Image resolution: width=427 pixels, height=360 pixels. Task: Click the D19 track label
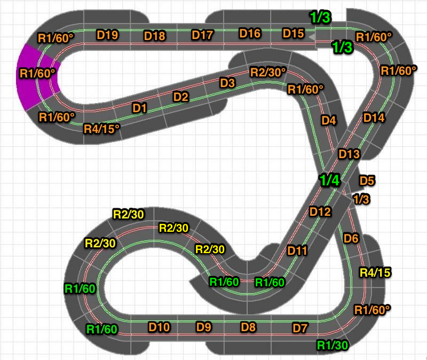(x=108, y=35)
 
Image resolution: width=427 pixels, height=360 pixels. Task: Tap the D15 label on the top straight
(x=293, y=33)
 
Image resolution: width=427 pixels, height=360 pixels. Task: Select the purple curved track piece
(x=37, y=77)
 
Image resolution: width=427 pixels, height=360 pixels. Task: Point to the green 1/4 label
(x=329, y=180)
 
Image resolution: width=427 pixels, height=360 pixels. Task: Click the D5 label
(x=367, y=181)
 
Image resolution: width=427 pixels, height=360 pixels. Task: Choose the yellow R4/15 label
(x=375, y=272)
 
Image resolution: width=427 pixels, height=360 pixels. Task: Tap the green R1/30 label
(x=333, y=345)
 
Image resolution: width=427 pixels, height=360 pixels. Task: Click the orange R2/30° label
(x=268, y=72)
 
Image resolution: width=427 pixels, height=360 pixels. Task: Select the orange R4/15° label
(x=101, y=129)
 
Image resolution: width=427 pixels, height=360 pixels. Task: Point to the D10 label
(x=159, y=327)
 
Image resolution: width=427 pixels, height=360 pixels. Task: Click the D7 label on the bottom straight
(x=300, y=328)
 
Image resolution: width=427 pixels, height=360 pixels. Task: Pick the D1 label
(x=139, y=108)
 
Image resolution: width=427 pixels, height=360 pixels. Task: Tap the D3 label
(x=227, y=83)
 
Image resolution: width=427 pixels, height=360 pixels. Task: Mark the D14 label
(x=374, y=118)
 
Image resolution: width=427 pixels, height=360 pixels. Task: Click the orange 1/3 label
(x=361, y=199)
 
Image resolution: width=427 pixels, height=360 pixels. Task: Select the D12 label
(x=320, y=212)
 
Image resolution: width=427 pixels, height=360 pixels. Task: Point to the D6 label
(x=351, y=238)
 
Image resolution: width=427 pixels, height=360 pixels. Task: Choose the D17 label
(x=202, y=35)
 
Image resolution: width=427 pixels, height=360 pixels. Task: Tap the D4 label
(x=329, y=120)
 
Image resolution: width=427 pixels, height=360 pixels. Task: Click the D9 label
(x=204, y=327)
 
